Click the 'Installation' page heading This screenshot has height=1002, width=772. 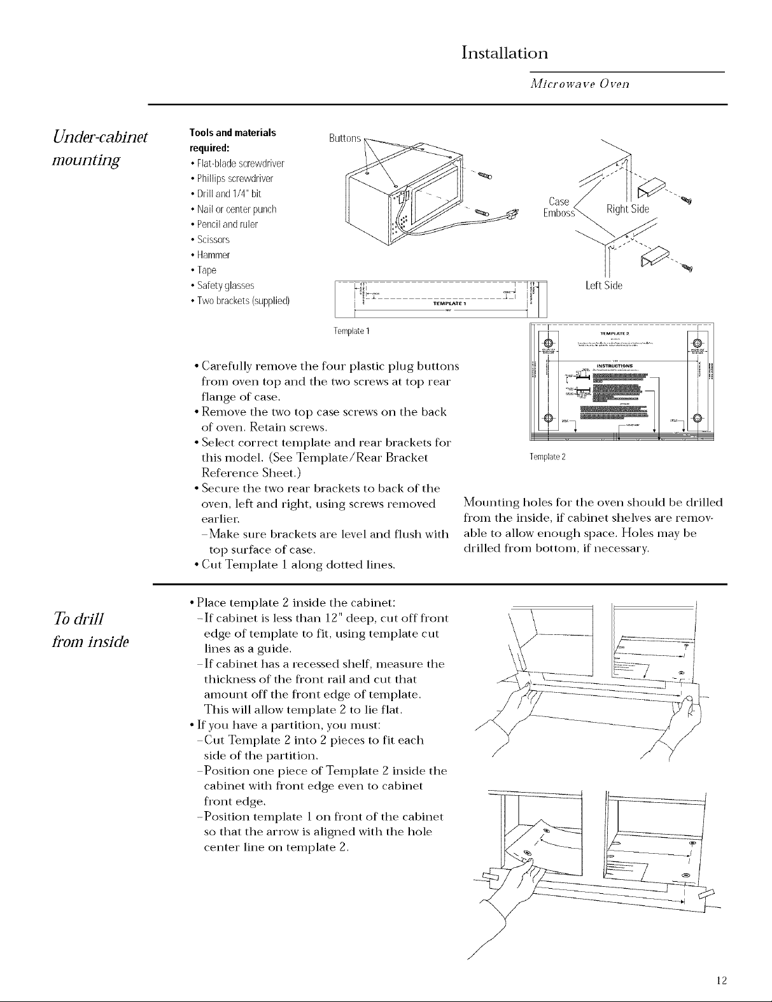point(504,52)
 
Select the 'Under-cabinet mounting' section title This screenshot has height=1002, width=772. point(99,147)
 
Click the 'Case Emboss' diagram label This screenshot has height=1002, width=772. point(559,207)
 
